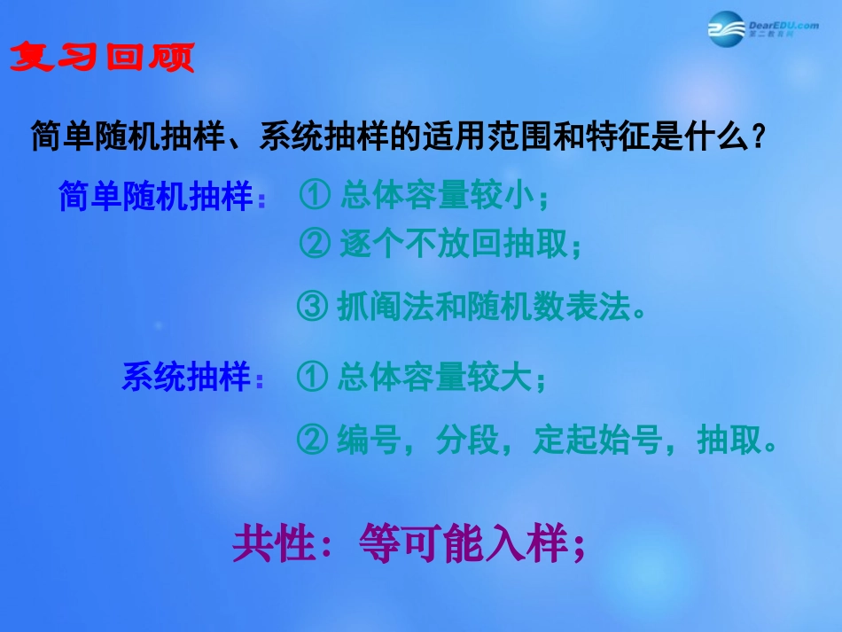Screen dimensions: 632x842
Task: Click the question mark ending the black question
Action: (x=758, y=137)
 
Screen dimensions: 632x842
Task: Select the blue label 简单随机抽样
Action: (x=156, y=197)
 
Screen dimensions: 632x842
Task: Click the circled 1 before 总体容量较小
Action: (x=316, y=197)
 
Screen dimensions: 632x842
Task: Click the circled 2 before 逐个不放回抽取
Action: (x=316, y=244)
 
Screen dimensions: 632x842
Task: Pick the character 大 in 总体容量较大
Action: (x=517, y=378)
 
